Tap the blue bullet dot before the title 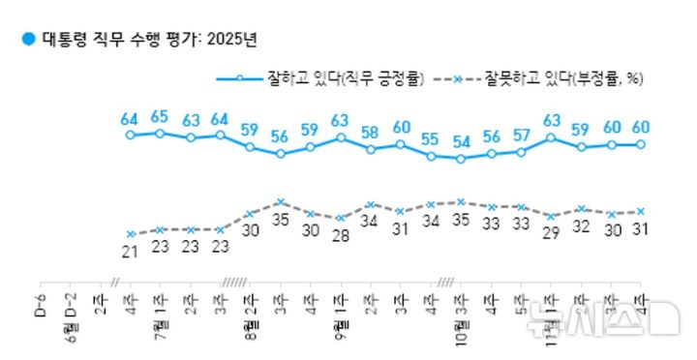tap(28, 40)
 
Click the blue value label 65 tap(160, 117)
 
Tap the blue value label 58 tap(371, 133)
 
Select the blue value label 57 tap(522, 135)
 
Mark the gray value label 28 tap(341, 237)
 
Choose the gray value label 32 tap(582, 228)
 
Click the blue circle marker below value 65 tap(160, 133)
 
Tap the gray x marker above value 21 tap(130, 233)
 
